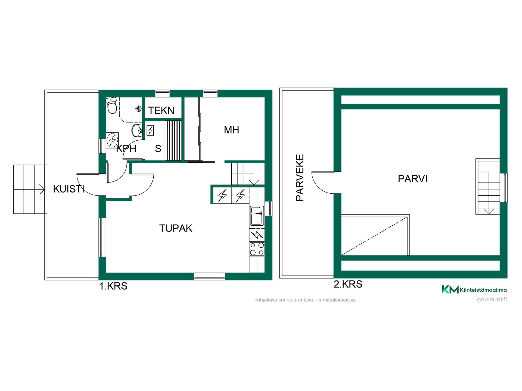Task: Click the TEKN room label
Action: (x=161, y=111)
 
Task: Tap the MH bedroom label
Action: (x=231, y=130)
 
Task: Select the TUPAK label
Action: (x=176, y=228)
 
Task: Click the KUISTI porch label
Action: (x=69, y=189)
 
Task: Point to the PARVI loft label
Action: (x=413, y=179)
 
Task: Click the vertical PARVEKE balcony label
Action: (x=300, y=178)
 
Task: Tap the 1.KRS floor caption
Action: (x=113, y=286)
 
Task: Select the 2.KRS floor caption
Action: (x=348, y=284)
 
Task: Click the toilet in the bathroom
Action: (x=112, y=105)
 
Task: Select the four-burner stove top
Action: (x=257, y=249)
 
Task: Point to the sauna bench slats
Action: (x=173, y=141)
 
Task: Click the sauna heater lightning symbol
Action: (x=150, y=131)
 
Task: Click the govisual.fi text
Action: (x=492, y=299)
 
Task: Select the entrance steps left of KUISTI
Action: (x=29, y=189)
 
